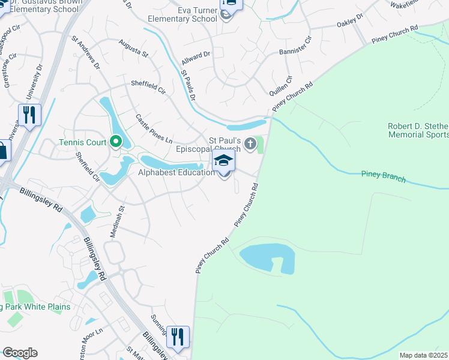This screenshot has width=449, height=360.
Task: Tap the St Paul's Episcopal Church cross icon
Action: pyautogui.click(x=251, y=144)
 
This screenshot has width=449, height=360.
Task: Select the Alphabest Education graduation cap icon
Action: pyautogui.click(x=223, y=161)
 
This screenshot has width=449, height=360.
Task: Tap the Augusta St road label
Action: pyautogui.click(x=133, y=49)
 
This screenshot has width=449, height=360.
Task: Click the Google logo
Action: pyautogui.click(x=20, y=353)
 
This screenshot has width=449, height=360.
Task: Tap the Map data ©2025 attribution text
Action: pyautogui.click(x=423, y=355)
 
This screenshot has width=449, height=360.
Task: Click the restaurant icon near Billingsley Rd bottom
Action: pyautogui.click(x=178, y=337)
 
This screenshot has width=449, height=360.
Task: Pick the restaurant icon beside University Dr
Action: pyautogui.click(x=29, y=115)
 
